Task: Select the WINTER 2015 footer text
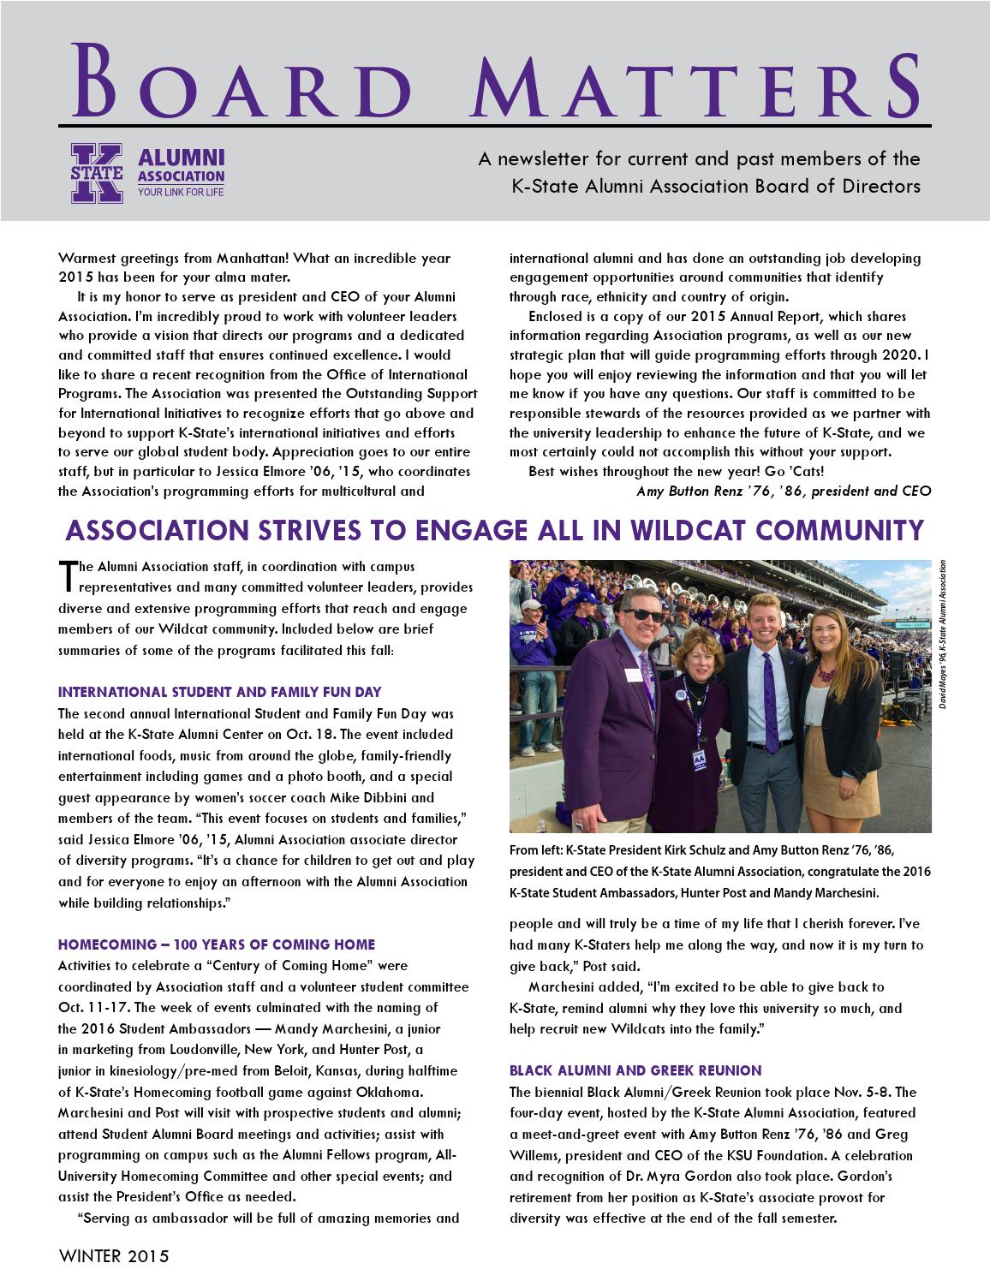point(114,1257)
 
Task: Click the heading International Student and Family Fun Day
point(219,692)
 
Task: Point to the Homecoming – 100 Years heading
point(216,944)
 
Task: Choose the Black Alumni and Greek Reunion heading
point(635,1070)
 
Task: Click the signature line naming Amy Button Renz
point(783,491)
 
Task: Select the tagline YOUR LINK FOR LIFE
point(181,192)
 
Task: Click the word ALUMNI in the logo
point(181,158)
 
